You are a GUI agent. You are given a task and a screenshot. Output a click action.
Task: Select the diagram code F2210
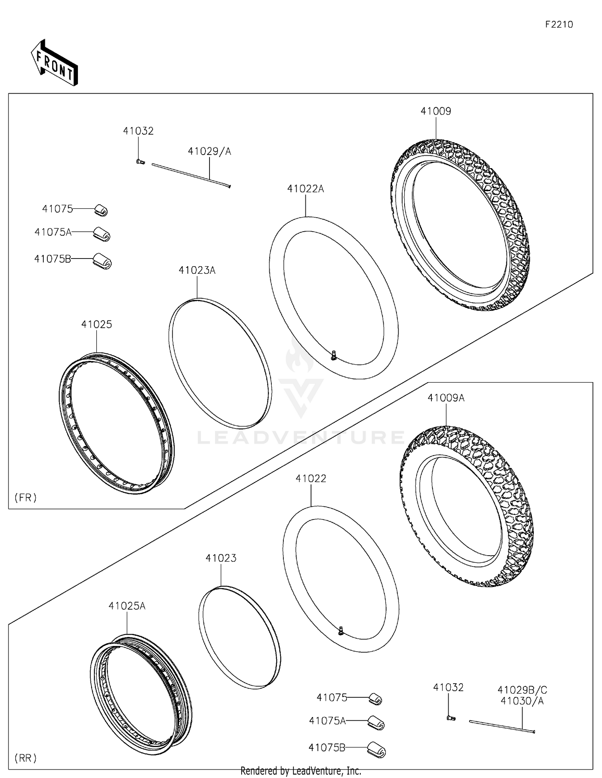click(x=559, y=25)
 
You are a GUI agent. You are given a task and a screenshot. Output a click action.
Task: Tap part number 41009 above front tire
click(x=435, y=111)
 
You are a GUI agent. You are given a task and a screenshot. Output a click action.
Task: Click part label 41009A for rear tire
click(x=445, y=398)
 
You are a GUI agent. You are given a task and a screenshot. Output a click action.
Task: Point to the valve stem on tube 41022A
click(x=334, y=355)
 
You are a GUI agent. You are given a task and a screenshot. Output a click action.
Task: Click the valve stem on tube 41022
click(x=341, y=631)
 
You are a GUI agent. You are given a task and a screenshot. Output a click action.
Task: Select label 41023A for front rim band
click(x=197, y=271)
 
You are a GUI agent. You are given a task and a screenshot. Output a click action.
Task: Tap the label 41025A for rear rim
click(x=127, y=606)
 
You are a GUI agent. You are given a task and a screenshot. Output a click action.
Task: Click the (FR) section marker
click(x=26, y=498)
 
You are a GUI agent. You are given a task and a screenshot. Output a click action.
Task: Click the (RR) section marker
click(x=26, y=758)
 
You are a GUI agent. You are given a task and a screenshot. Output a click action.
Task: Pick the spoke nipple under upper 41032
click(x=140, y=162)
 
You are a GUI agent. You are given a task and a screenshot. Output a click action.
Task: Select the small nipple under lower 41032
click(x=450, y=718)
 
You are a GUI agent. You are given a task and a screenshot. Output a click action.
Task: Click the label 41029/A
click(x=209, y=151)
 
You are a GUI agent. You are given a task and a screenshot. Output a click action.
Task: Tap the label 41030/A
click(x=522, y=701)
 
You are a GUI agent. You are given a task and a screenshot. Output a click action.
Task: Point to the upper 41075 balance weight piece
click(x=101, y=210)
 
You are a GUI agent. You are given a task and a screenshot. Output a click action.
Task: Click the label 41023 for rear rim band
click(x=221, y=558)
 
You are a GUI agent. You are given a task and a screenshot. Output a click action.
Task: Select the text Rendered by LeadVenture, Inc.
click(x=301, y=771)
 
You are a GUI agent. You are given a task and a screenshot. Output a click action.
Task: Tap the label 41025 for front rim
click(x=96, y=324)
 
